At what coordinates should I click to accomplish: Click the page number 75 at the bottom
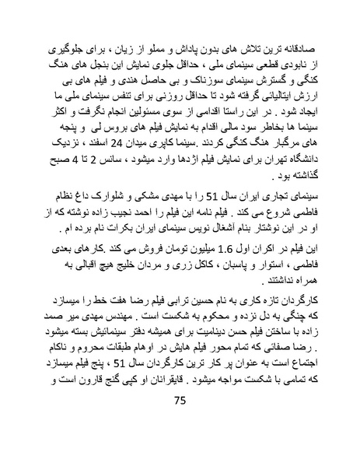180,422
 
